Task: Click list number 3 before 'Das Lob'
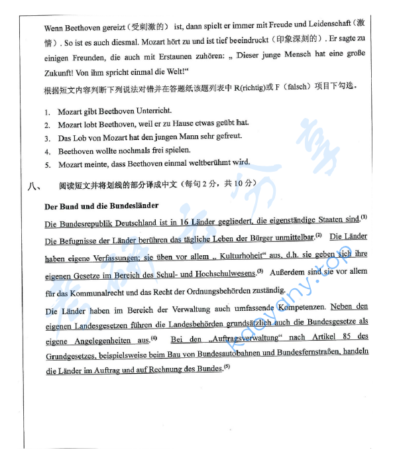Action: (48, 138)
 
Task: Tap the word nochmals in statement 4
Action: (137, 151)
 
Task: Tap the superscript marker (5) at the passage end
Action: (227, 367)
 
